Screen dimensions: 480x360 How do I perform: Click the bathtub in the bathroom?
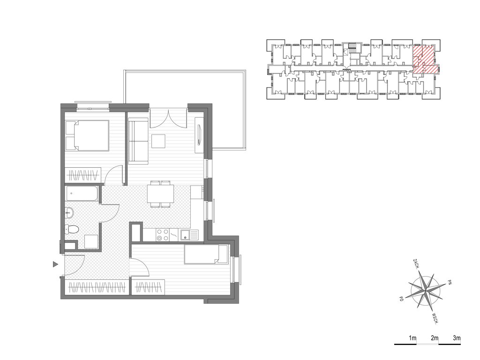[x=82, y=194]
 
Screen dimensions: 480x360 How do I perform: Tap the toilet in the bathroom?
[x=72, y=229]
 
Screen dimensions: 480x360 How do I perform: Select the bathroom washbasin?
[x=69, y=212]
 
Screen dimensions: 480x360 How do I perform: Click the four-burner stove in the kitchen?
[x=162, y=235]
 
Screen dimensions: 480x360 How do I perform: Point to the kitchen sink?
[x=189, y=235]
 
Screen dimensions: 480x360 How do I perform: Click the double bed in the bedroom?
[x=87, y=135]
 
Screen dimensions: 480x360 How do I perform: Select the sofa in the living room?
[x=138, y=141]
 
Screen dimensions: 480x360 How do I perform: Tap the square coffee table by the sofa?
[x=158, y=142]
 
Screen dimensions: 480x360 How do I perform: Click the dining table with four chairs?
[x=160, y=194]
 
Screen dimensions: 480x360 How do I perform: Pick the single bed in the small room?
[x=206, y=255]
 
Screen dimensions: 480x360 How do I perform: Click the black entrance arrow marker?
[x=55, y=264]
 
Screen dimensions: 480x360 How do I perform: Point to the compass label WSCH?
[x=436, y=319]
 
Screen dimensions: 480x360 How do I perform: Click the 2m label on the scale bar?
[x=435, y=338]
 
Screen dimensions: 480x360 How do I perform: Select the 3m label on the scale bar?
[x=457, y=338]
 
